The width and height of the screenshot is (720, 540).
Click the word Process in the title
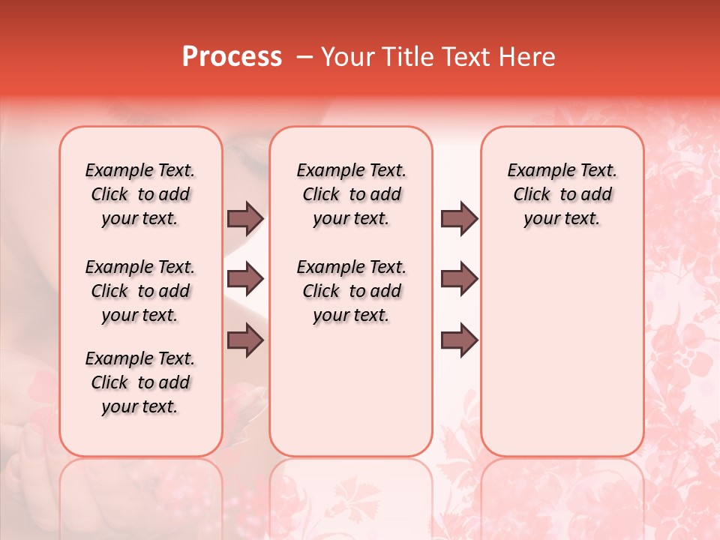[x=231, y=57]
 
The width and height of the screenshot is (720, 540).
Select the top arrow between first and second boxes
[x=245, y=218]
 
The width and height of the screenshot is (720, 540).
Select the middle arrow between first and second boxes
[x=245, y=280]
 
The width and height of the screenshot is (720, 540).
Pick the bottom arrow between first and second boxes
[x=245, y=340]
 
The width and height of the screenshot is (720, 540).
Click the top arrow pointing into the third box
[x=459, y=218]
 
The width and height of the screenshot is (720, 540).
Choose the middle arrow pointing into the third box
[x=459, y=280]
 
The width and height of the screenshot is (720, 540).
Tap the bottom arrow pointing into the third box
[x=459, y=340]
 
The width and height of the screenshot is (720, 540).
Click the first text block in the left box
[x=140, y=194]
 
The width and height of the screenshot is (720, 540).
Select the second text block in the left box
[x=140, y=291]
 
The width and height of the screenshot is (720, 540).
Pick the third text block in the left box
[x=140, y=382]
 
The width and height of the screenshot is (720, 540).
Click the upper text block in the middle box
[x=351, y=194]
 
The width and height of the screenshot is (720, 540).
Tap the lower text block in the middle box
[x=351, y=291]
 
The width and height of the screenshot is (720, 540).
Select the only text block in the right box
[x=562, y=194]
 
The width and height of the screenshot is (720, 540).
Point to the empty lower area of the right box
[x=562, y=352]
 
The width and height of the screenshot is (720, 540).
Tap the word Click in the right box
[x=532, y=195]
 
